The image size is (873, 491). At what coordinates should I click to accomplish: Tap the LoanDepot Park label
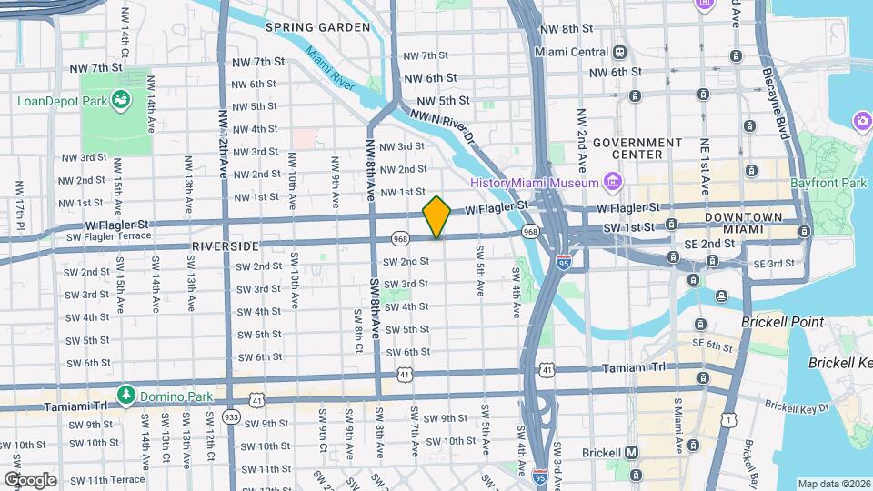coord(62,99)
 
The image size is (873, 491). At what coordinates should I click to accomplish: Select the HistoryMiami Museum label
coord(535,182)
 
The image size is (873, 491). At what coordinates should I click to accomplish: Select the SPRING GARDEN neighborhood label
coord(318,27)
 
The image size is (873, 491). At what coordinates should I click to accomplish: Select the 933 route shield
coord(230,416)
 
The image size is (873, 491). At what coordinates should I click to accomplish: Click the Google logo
coord(29,479)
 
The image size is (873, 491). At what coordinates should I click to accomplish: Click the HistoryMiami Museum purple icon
coord(613,182)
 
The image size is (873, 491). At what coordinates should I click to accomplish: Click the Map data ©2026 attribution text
coord(832,484)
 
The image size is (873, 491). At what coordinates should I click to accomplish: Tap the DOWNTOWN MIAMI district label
coord(749,224)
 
